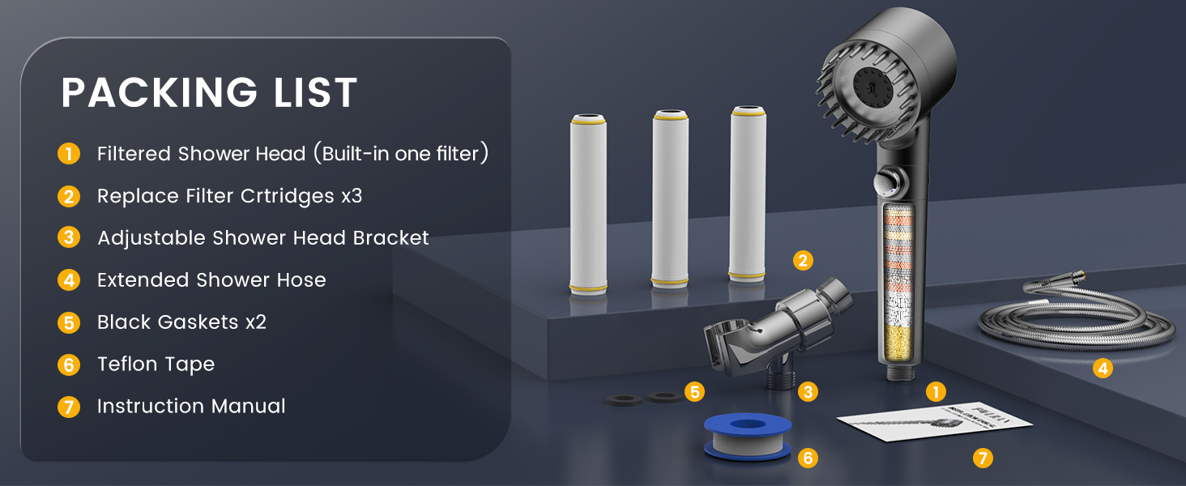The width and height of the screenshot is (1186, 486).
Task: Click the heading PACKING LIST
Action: click(x=209, y=92)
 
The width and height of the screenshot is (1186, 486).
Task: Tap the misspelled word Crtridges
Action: click(x=287, y=196)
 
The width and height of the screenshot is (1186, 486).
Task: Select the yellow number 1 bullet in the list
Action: click(x=69, y=154)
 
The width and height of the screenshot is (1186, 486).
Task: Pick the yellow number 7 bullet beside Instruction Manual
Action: click(x=69, y=407)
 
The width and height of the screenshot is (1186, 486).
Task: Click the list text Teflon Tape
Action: click(x=156, y=364)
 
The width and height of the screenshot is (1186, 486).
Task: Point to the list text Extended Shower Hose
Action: click(x=211, y=280)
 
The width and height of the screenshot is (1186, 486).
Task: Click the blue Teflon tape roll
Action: click(x=748, y=437)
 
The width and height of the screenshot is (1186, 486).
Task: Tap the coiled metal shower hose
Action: click(x=1075, y=318)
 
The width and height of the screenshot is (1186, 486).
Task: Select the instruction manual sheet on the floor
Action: click(x=935, y=422)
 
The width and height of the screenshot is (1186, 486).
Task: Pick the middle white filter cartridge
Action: click(x=670, y=199)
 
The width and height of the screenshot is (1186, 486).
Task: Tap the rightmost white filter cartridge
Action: click(x=748, y=194)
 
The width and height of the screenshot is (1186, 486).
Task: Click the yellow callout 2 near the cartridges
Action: click(x=803, y=261)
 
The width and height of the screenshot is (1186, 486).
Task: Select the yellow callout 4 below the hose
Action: click(x=1103, y=368)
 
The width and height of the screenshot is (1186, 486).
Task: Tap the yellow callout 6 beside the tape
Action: click(x=808, y=458)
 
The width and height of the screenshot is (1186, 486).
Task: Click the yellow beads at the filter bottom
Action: click(x=898, y=342)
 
